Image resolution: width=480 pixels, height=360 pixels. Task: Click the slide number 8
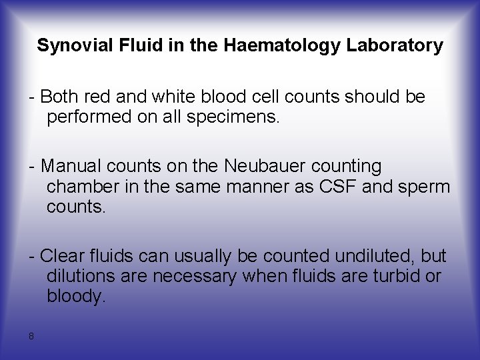coord(31,335)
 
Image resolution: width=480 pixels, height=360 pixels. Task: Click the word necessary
coord(195,276)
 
